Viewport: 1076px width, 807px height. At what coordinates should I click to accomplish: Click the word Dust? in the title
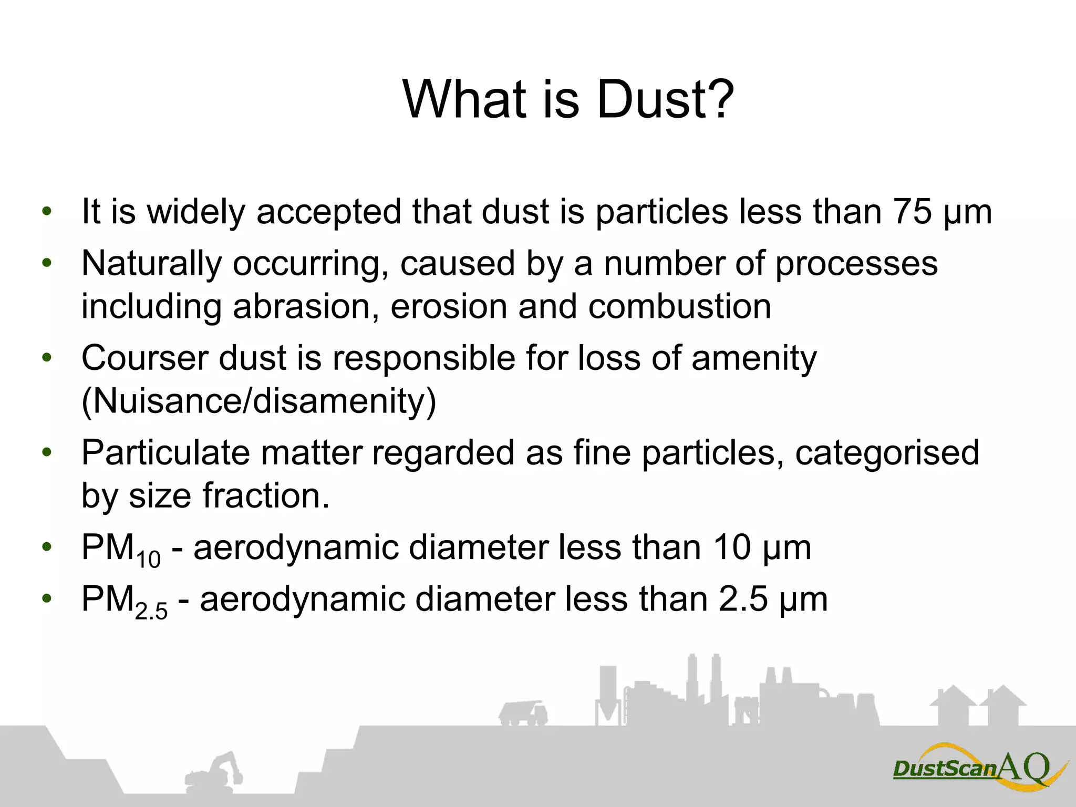pos(665,100)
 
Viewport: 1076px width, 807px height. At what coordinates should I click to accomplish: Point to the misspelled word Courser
pos(144,358)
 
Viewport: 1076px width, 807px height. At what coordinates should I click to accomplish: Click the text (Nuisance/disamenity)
pos(259,402)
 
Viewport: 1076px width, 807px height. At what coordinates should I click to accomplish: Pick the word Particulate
pos(165,453)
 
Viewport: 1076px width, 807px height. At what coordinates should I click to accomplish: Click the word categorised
pos(887,453)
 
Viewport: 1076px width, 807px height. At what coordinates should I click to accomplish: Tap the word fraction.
pos(266,496)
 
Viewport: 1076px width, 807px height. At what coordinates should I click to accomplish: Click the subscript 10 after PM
pos(148,559)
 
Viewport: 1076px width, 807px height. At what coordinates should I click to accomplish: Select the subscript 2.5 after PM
pos(151,612)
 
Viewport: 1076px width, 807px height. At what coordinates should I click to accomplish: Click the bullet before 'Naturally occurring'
pos(47,263)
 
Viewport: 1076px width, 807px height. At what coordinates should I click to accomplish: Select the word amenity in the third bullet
pos(754,358)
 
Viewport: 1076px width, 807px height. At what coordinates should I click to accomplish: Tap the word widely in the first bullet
pos(195,212)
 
